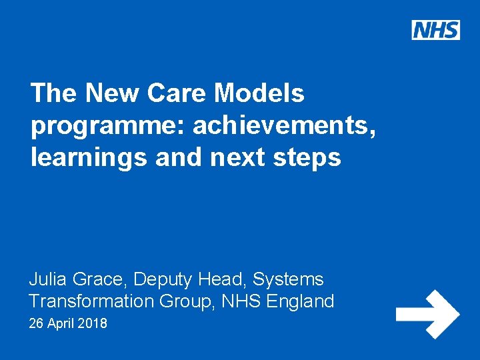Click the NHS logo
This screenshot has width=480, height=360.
[x=435, y=30]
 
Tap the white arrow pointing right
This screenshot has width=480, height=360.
[x=427, y=314]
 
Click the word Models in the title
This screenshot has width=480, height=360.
[x=259, y=93]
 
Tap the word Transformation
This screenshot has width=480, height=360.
[x=91, y=301]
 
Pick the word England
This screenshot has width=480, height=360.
[x=300, y=302]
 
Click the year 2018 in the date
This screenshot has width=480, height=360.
[x=93, y=325]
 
